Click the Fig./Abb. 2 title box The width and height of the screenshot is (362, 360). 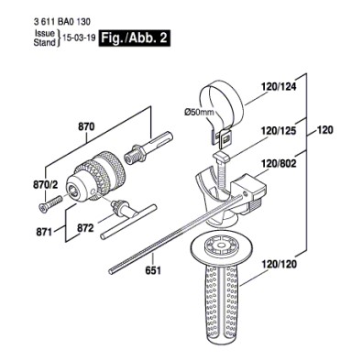pos(133,38)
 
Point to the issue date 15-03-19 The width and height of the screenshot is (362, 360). pos(79,38)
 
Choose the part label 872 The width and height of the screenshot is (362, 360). pos(85,228)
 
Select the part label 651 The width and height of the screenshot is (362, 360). pos(153,270)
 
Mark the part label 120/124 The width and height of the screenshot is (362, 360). pos(279,87)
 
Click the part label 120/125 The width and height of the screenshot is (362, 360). pos(279,131)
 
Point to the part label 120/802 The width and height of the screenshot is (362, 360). pos(279,164)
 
